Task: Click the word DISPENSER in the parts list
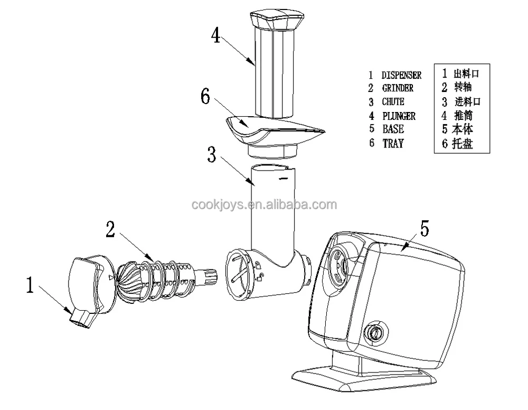[x=401, y=76]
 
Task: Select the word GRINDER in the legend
[x=398, y=89]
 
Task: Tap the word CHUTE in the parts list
[x=393, y=102]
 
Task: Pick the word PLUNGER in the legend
[x=399, y=116]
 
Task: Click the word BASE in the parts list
[x=393, y=129]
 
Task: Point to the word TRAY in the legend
[x=393, y=143]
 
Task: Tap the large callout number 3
[x=211, y=156]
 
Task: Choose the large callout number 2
[x=110, y=229]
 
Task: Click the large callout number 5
[x=425, y=228]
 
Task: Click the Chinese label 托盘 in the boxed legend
[x=462, y=143]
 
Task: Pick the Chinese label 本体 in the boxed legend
[x=462, y=129]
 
